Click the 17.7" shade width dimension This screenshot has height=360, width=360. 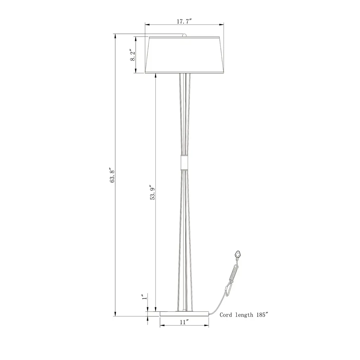(x=184, y=21)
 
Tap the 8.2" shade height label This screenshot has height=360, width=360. (x=133, y=55)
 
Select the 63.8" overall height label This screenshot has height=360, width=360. (x=112, y=175)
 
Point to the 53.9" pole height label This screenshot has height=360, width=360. (x=153, y=192)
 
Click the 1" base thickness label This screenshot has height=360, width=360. (x=144, y=297)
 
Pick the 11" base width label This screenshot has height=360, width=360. (x=184, y=322)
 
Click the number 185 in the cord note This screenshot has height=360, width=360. (x=261, y=315)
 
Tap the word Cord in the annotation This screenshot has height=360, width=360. (x=225, y=315)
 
